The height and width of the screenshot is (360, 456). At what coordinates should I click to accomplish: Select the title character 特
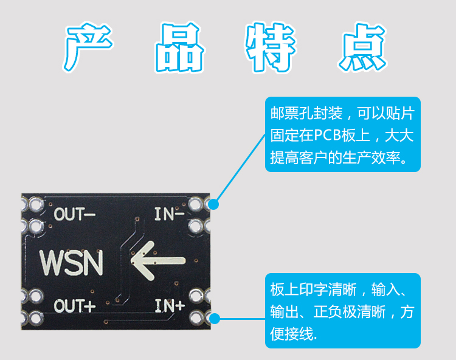pos(270,47)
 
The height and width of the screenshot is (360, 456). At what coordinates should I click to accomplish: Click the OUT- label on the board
pos(75,215)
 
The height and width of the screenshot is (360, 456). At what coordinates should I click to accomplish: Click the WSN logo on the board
pos(71,262)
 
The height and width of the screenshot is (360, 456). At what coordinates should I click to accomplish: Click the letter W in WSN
pos(52,262)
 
